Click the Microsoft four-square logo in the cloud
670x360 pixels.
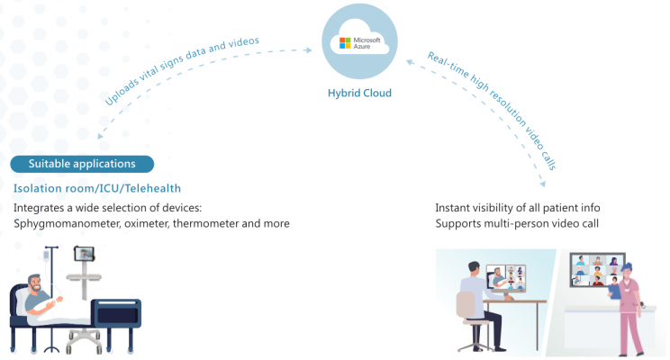click(345, 42)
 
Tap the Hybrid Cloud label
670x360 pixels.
click(359, 93)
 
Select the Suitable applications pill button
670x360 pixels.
click(82, 164)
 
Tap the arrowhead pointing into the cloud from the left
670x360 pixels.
click(308, 50)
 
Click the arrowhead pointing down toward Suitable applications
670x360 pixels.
click(100, 136)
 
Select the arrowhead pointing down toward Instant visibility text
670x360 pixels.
click(543, 184)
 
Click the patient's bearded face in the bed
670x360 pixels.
click(35, 283)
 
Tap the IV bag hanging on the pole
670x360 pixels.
click(46, 256)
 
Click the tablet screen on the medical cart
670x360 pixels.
click(84, 254)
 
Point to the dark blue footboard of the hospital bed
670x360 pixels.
click(116, 313)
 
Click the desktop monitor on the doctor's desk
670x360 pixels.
click(506, 278)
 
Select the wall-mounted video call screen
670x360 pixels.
click(597, 269)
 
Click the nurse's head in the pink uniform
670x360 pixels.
click(627, 270)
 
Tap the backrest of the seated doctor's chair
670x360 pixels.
click(466, 305)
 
